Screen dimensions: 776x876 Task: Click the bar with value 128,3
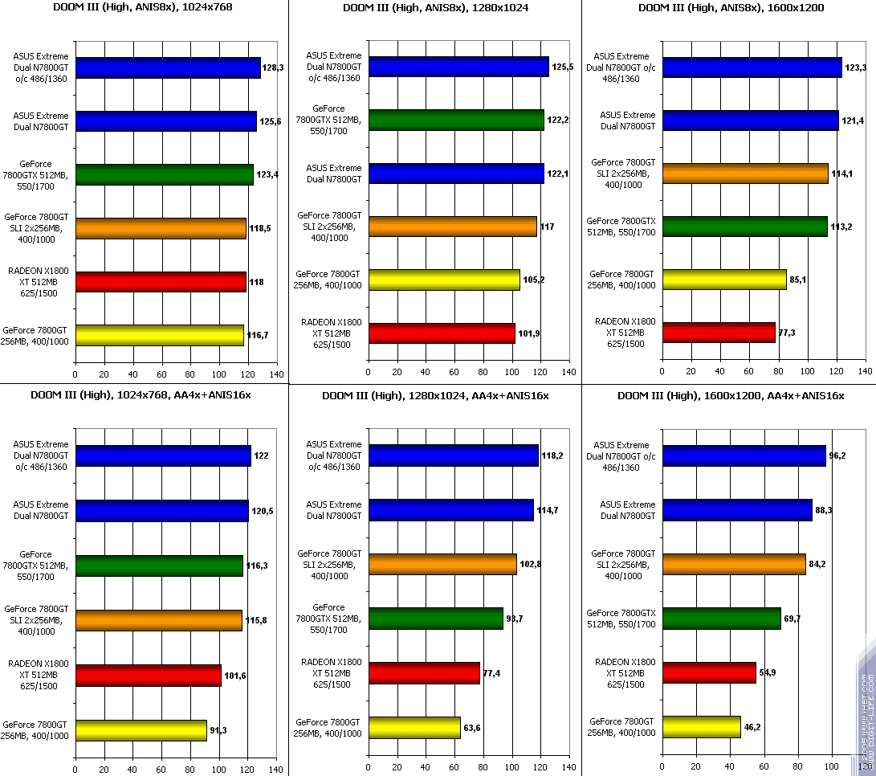168,67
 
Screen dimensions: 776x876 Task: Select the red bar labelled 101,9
442,333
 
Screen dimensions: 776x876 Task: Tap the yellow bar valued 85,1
723,280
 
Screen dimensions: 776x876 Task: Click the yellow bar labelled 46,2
701,727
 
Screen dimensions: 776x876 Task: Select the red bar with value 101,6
148,676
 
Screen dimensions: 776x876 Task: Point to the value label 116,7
258,333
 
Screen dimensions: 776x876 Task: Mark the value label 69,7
793,619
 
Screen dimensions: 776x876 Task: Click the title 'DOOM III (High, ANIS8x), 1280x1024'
434,8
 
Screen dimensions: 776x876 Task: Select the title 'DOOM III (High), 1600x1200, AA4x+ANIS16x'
731,395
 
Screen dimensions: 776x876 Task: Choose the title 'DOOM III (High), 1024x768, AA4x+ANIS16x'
141,395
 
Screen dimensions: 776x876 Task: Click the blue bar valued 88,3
736,510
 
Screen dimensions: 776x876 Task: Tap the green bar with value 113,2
744,227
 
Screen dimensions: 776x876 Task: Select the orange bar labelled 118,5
161,229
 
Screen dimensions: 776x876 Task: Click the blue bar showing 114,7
450,510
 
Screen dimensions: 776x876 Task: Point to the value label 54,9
768,672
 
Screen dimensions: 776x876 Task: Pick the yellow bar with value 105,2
443,280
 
